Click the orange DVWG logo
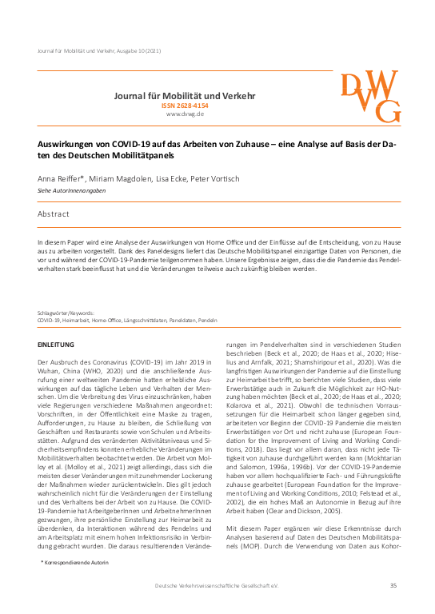coord(370,98)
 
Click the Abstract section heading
coord(54,214)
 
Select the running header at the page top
coord(99,51)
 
